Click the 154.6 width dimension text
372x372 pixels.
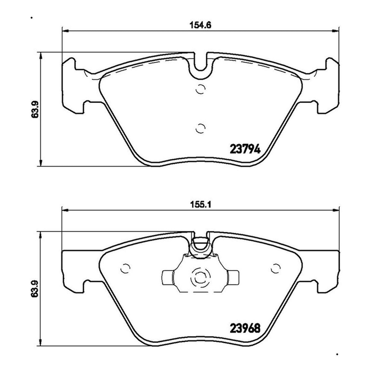click(200, 25)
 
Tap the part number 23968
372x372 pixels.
click(245, 329)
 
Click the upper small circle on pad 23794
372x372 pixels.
click(200, 89)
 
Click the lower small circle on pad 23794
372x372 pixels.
click(200, 128)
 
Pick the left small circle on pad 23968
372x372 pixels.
click(125, 268)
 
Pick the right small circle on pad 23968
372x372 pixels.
click(276, 268)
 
